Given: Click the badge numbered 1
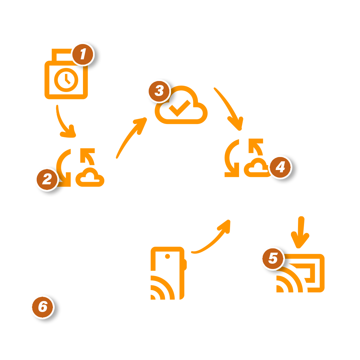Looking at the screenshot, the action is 83,54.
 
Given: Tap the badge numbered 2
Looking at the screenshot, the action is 47,180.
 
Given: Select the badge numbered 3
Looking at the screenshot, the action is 159,91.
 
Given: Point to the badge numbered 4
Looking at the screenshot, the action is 280,167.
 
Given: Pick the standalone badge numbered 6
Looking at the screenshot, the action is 42,307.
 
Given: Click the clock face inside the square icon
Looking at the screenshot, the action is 66,80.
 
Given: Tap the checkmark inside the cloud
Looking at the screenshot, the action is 180,108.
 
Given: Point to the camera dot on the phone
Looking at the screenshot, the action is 167,256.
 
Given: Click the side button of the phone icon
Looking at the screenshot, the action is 186,265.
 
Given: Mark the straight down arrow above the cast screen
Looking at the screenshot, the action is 300,232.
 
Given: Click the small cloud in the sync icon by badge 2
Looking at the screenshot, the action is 90,177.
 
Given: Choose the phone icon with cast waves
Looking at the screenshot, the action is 169,273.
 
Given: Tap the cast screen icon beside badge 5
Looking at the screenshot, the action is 300,273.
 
